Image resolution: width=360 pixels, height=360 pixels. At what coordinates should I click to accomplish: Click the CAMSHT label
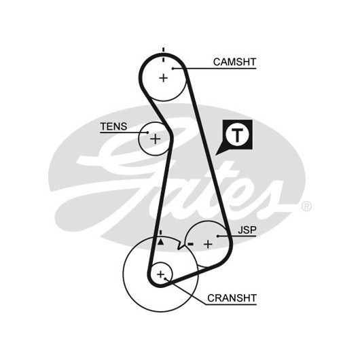234,62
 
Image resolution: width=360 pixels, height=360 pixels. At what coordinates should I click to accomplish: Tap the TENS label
113,126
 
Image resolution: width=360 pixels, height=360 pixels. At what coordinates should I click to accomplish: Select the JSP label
247,230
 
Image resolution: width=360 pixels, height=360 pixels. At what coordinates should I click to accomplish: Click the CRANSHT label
232,298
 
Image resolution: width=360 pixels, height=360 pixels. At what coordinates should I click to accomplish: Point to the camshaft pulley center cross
164,78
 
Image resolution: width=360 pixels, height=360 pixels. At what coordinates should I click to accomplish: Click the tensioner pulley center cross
155,139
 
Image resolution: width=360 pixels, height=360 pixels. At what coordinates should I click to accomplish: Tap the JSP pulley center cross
208,245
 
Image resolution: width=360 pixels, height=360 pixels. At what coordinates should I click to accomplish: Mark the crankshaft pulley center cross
161,274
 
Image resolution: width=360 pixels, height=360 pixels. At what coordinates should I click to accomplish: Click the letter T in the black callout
237,135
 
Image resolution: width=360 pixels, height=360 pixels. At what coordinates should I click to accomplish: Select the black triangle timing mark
161,242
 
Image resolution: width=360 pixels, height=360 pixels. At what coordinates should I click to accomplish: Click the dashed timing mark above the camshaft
164,54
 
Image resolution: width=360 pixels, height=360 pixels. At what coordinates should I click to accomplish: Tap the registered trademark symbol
306,206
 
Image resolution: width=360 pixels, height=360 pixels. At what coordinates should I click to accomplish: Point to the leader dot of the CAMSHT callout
173,69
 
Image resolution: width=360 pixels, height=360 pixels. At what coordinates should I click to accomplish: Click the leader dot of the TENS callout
147,132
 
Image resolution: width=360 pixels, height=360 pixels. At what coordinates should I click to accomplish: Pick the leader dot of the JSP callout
217,236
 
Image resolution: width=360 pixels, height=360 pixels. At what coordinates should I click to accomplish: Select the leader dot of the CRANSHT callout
165,278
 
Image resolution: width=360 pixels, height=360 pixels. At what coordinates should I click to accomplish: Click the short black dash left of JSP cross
191,244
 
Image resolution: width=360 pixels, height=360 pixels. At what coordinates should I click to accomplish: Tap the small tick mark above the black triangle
161,232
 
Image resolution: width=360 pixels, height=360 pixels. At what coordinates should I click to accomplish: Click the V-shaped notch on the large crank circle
179,247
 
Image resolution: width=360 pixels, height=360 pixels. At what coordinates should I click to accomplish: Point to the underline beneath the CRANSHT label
231,305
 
